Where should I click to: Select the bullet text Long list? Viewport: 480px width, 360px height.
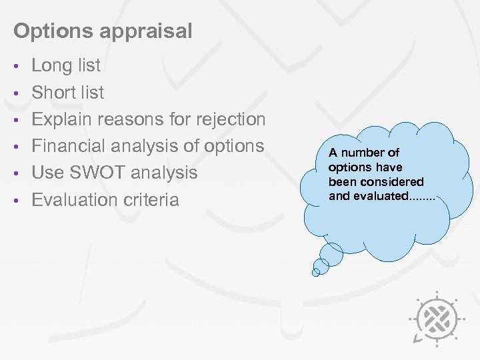[x=66, y=65]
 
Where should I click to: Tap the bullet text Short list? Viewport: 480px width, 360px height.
[x=68, y=92]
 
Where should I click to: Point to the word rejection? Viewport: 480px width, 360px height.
[x=229, y=119]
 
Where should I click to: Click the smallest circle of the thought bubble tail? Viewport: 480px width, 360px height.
[x=317, y=271]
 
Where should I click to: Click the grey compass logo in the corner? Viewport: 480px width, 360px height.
[x=437, y=319]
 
